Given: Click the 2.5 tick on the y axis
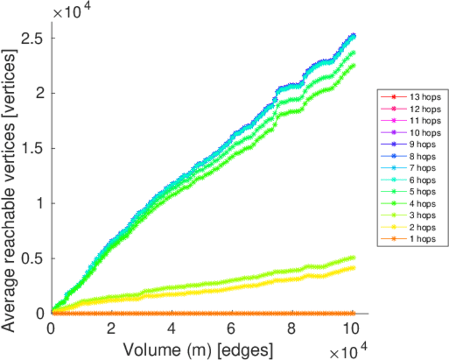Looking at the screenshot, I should pyautogui.click(x=31, y=38).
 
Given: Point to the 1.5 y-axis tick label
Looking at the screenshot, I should pyautogui.click(x=31, y=148).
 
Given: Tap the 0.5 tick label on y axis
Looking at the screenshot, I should pyautogui.click(x=31, y=259).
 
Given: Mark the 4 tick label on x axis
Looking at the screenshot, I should pyautogui.click(x=172, y=329).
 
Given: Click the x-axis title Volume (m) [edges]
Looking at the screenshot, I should pyautogui.click(x=200, y=349).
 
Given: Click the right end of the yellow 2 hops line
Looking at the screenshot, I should pyautogui.click(x=353, y=268).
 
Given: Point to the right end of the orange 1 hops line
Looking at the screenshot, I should pyautogui.click(x=353, y=313).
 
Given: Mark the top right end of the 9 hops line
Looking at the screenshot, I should pyautogui.click(x=353, y=35).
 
